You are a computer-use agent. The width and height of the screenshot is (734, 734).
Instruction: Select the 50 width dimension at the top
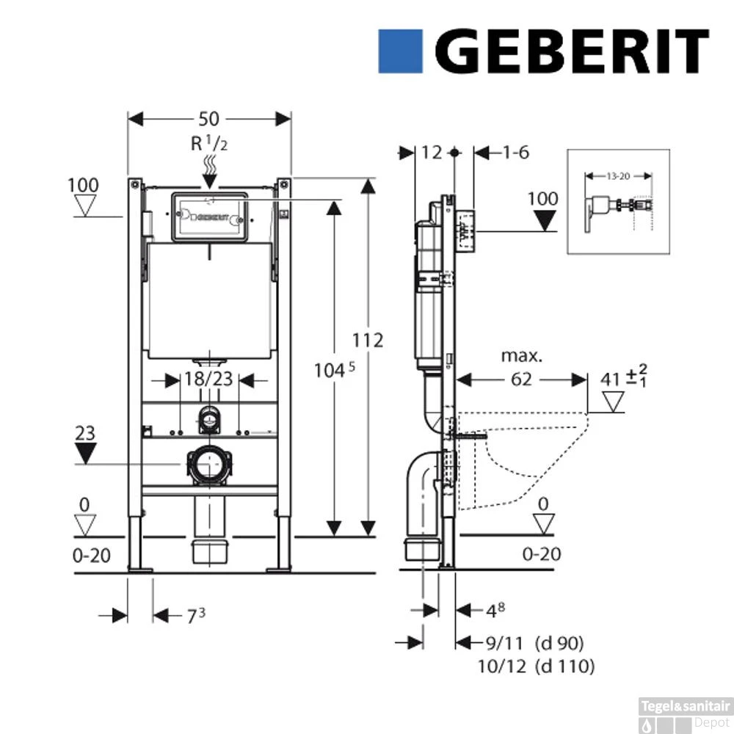click(208, 118)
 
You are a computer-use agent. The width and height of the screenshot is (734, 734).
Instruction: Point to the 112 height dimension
click(368, 341)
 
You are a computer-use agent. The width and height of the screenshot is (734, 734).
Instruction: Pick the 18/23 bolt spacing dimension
click(209, 379)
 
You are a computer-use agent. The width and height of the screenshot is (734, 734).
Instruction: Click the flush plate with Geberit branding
click(210, 217)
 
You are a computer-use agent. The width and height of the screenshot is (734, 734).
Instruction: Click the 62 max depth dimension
click(522, 379)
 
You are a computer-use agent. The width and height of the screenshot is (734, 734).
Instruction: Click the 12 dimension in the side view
click(432, 152)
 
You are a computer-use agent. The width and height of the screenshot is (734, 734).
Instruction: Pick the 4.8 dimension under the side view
click(496, 608)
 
